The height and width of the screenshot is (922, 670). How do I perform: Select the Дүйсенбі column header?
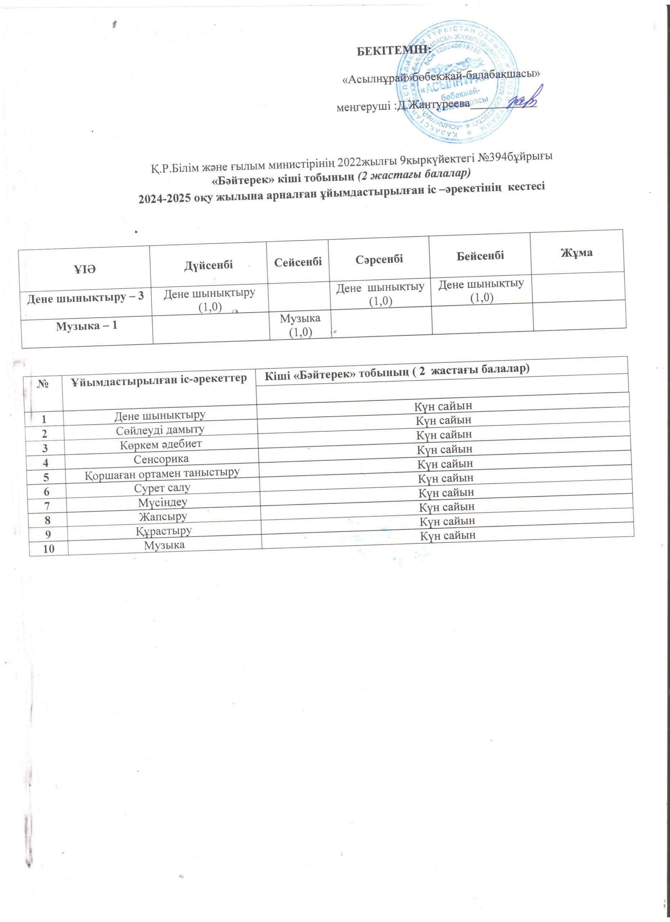208,265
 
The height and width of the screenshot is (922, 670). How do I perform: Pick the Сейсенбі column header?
298,262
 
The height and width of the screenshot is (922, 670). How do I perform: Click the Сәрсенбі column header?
379,259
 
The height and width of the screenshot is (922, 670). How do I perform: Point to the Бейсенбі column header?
480,255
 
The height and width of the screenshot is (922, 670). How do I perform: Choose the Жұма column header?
576,252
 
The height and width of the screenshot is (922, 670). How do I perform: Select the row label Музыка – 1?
86,326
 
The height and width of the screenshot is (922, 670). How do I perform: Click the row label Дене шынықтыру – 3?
85,297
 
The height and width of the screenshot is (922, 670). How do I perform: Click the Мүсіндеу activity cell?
162,502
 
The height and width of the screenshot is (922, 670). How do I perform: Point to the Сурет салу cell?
162,488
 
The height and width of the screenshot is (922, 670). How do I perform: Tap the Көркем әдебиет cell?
161,444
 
